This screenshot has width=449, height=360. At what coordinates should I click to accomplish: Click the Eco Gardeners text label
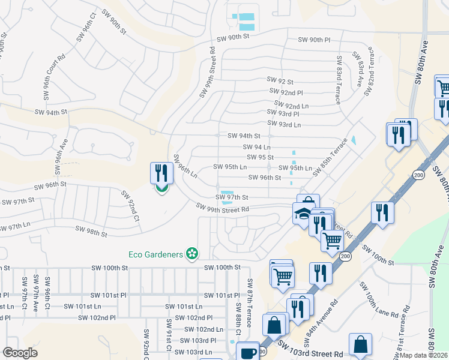pos(155,254)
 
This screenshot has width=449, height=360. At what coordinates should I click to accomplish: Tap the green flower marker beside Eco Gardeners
pos(192,254)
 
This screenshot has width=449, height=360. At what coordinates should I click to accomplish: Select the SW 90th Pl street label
pos(315,40)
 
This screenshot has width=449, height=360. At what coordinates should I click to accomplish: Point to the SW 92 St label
pos(280,81)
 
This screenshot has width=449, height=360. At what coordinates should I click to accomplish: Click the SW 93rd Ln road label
pos(284,124)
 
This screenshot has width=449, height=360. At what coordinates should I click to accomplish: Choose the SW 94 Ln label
pos(257,147)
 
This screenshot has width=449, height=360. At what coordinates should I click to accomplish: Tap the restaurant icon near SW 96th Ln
pos(161,173)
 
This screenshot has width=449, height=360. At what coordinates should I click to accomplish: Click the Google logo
pos(20,353)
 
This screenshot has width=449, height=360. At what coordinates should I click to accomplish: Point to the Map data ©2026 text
pos(423,355)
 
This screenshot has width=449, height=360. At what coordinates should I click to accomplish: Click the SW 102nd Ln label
pos(203,329)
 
